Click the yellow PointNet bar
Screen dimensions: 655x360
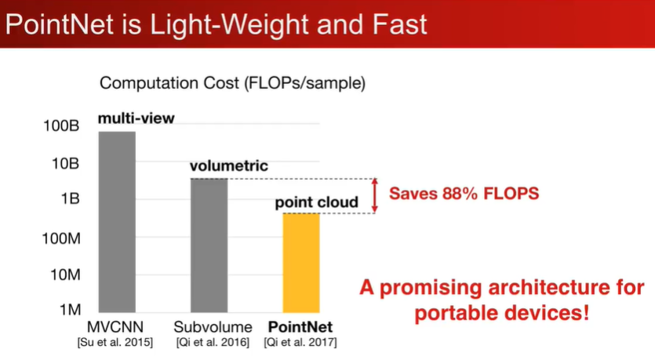[301, 263]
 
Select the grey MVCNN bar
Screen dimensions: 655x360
[117, 222]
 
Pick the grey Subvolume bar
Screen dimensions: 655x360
[209, 245]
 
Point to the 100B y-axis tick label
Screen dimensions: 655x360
[61, 125]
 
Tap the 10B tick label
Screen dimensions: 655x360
[65, 163]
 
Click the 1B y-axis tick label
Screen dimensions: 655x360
[70, 198]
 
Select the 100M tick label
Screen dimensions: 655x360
[61, 238]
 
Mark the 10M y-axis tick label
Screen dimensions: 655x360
[65, 275]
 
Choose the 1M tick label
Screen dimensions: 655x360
[70, 310]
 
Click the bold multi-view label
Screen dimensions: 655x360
[136, 118]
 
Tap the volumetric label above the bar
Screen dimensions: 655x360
[229, 165]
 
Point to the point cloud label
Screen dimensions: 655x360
[317, 202]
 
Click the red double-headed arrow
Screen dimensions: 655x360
[375, 196]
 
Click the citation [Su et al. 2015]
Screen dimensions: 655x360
[115, 343]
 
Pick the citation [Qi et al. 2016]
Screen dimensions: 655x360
[213, 343]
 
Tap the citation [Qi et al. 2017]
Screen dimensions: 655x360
[300, 343]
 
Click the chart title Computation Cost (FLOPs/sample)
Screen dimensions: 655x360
[233, 83]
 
